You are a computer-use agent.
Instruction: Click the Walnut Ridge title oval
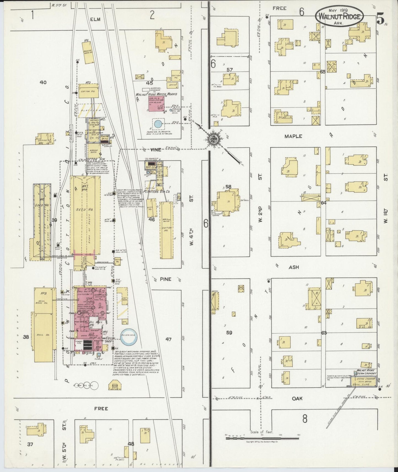coord(339,17)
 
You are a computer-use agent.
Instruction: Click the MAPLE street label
coord(293,136)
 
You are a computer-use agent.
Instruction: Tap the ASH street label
coord(294,267)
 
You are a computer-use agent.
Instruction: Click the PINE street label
coord(165,279)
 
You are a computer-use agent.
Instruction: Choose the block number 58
coord(228,187)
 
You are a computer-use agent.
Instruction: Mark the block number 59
coord(229,333)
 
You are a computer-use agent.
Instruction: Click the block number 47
coord(168,339)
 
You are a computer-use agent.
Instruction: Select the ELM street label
coord(94,19)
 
